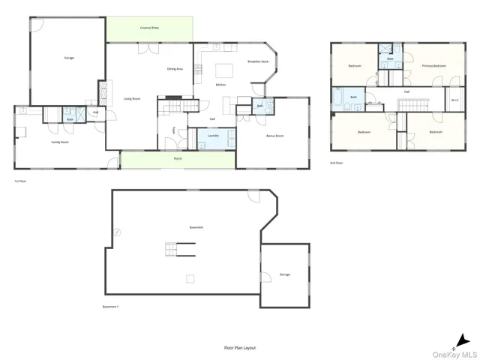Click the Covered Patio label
pos(148,28)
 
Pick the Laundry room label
pos(212,135)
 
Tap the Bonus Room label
pos(275,136)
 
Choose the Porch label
pos(178,159)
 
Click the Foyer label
pos(174,130)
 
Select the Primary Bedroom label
pos(433,66)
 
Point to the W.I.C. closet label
pos(454,99)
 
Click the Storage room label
pos(285,274)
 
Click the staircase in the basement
pos(180,250)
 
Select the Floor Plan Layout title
pos(240,348)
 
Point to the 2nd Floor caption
pos(337,162)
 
